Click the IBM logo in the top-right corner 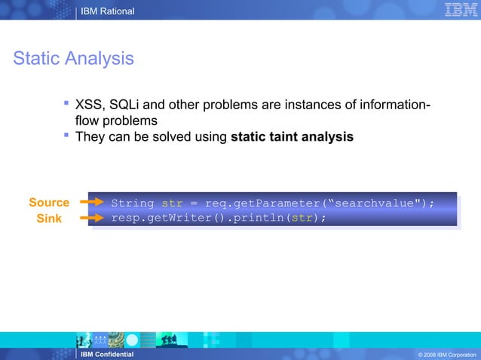pos(460,11)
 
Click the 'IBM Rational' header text pos(108,11)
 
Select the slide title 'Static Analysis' pos(73,58)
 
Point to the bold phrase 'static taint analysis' pos(292,137)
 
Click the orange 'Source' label pos(49,203)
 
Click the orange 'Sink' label pos(50,218)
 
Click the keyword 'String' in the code pos(133,203)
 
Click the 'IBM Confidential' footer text pos(107,354)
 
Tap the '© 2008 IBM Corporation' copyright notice pos(446,355)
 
